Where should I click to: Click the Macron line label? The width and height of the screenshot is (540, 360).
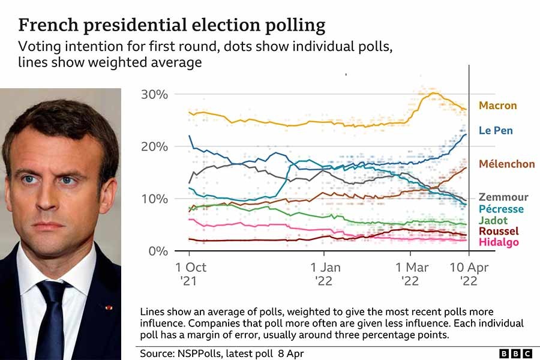pos(497,106)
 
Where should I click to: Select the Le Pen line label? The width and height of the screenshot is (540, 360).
pos(496,130)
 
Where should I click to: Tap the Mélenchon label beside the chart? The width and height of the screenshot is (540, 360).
pos(507,164)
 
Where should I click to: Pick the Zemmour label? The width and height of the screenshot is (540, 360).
pos(503,197)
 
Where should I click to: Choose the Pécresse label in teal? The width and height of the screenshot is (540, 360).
pos(501,209)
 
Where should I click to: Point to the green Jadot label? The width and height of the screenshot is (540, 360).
pos(493,220)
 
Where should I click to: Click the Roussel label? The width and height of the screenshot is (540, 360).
pos(499,231)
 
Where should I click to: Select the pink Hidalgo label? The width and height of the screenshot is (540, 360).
pos(499,242)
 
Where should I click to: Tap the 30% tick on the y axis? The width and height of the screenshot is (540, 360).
pos(154,95)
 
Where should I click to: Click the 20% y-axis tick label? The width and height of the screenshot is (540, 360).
pos(154,147)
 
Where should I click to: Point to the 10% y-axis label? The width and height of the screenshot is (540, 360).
pos(154,199)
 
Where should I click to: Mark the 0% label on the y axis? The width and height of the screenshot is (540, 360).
pos(158,251)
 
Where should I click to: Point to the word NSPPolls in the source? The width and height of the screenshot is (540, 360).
pos(199,353)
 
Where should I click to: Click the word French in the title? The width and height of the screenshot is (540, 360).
pos(44,26)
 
